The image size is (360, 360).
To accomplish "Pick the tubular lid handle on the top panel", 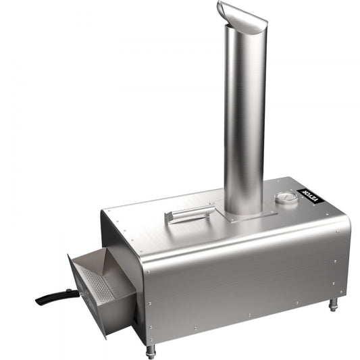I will click(190, 214).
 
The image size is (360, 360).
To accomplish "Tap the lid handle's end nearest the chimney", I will click(211, 209).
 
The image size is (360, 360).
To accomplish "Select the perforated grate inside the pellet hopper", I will click(95, 284).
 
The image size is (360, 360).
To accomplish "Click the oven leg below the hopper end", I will click(150, 351).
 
